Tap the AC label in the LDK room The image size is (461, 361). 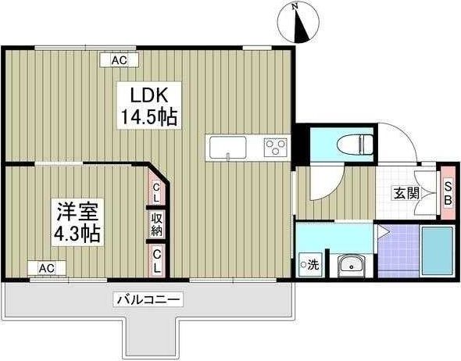(119, 59)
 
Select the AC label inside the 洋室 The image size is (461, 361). (46, 268)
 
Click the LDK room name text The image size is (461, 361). (147, 95)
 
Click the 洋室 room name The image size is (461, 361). (76, 210)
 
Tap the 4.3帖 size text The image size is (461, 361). (76, 232)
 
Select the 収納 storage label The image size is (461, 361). (156, 223)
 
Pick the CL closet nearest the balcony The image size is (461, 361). (156, 259)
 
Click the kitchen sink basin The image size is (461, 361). (227, 146)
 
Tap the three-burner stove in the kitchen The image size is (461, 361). (276, 146)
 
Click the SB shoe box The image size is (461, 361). (448, 191)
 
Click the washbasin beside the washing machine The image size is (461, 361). (352, 265)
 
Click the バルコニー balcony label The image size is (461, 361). (148, 298)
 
